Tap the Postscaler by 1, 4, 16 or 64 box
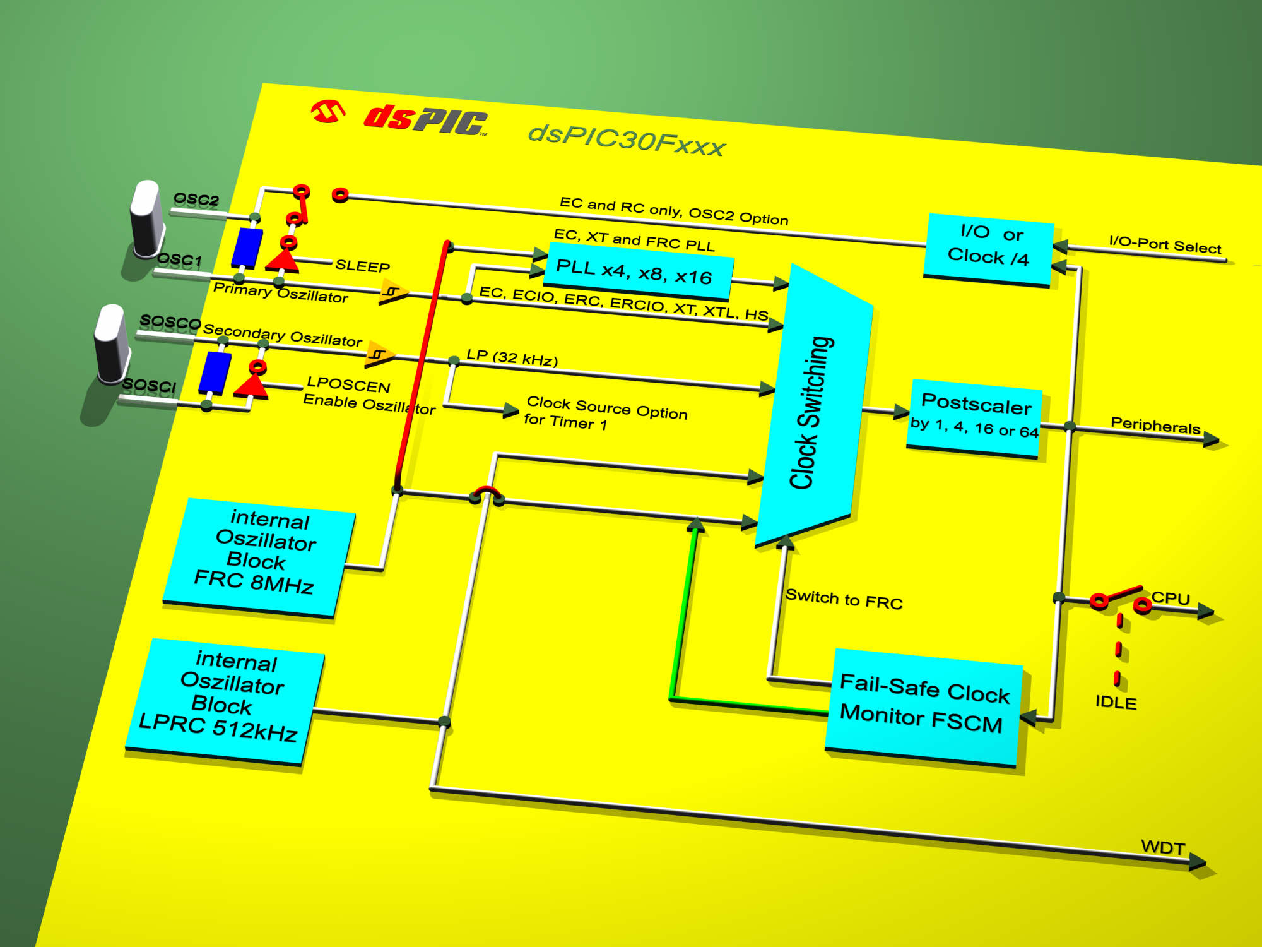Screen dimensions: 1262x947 click(974, 419)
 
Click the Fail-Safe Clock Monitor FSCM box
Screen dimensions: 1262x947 click(924, 707)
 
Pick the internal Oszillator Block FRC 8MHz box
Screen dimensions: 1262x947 click(259, 557)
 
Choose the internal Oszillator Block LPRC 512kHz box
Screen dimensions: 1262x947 click(225, 701)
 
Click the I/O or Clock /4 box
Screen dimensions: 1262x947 click(988, 250)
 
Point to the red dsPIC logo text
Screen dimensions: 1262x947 click(425, 119)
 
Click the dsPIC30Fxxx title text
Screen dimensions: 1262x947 click(627, 140)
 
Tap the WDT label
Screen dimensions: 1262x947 click(1163, 847)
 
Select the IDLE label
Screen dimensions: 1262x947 click(1116, 702)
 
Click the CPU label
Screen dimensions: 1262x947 click(1171, 598)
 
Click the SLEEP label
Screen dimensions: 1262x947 click(362, 266)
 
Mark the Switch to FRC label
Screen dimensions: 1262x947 click(844, 599)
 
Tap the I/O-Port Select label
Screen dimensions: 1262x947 click(1165, 244)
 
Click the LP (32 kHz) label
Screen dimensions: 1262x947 click(512, 357)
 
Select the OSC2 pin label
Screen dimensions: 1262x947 click(196, 200)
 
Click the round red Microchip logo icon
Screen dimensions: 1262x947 click(328, 112)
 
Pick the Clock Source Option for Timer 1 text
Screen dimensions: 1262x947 click(605, 414)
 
